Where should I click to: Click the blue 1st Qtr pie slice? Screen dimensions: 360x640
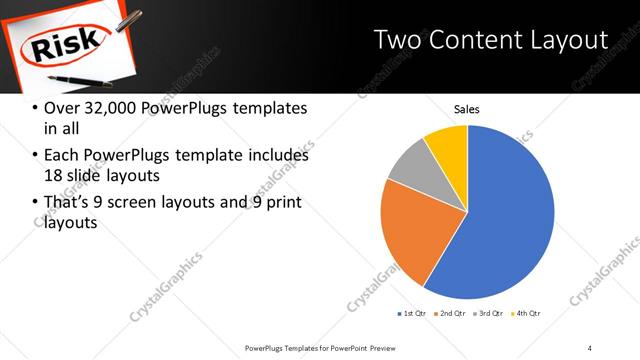(x=510, y=220)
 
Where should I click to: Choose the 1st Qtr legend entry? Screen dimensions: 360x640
(x=413, y=314)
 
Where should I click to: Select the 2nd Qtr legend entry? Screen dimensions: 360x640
(x=451, y=314)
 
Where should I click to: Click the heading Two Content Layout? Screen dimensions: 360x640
(x=490, y=40)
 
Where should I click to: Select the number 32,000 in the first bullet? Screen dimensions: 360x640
(x=103, y=108)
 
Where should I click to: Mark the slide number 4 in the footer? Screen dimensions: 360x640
(x=590, y=347)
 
